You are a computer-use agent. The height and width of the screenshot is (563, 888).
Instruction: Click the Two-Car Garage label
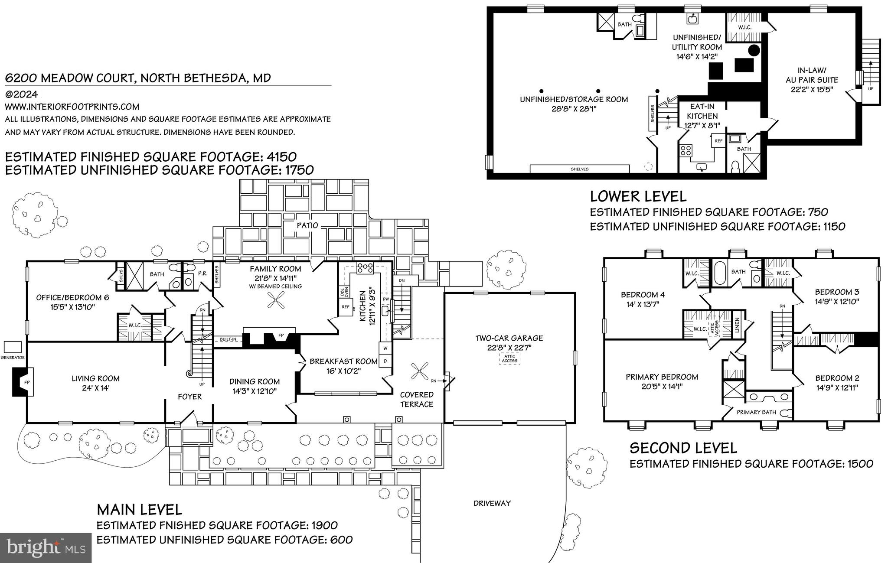pyautogui.click(x=509, y=338)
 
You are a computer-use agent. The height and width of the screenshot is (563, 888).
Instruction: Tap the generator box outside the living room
pyautogui.click(x=13, y=347)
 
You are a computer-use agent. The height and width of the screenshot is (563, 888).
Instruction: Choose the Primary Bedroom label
pyautogui.click(x=662, y=377)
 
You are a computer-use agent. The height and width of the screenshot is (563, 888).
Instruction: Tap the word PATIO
pyautogui.click(x=307, y=225)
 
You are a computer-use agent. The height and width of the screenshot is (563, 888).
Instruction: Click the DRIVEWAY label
pyautogui.click(x=492, y=503)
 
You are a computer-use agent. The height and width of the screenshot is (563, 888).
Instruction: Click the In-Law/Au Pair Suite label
pyautogui.click(x=812, y=75)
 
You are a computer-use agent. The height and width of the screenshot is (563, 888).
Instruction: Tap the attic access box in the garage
pyautogui.click(x=509, y=358)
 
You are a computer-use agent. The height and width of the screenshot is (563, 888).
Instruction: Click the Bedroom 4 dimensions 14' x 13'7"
pyautogui.click(x=643, y=304)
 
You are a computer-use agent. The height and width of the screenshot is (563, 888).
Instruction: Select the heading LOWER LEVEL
pyautogui.click(x=638, y=196)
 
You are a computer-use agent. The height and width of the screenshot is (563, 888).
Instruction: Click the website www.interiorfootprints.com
pyautogui.click(x=72, y=107)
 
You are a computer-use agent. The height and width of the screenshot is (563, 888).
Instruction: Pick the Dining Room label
pyautogui.click(x=254, y=381)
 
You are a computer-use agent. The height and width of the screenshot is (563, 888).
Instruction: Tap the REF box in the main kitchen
pyautogui.click(x=346, y=307)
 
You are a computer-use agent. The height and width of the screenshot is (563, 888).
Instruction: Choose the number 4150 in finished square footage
pyautogui.click(x=281, y=156)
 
